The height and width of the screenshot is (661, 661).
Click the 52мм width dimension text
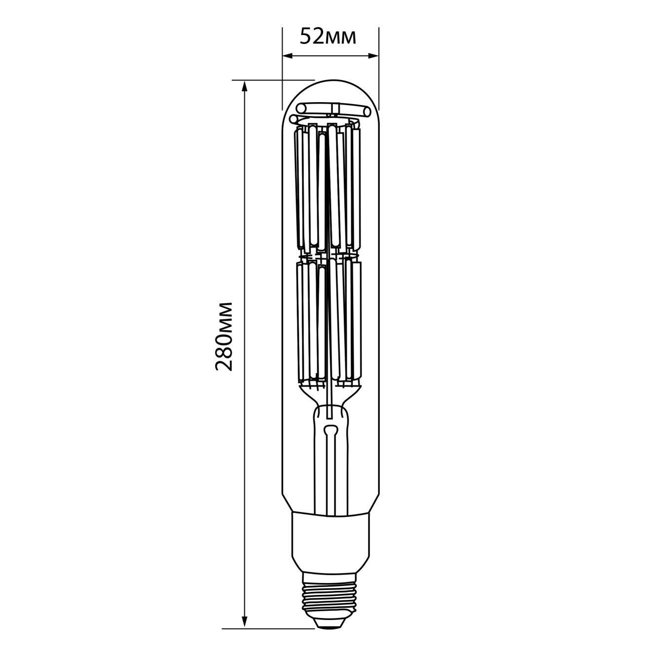click(328, 37)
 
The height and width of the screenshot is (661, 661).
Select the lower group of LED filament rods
click(328, 321)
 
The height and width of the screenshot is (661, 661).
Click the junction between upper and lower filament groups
click(328, 256)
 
